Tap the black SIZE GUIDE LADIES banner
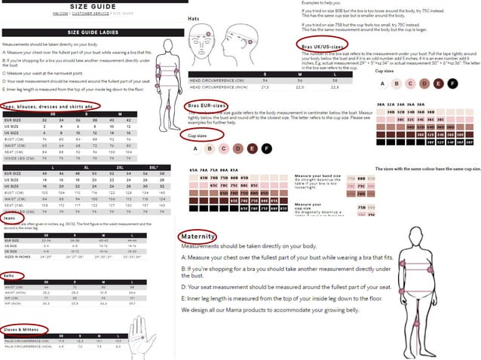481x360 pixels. click(89, 33)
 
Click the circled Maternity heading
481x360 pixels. click(199, 236)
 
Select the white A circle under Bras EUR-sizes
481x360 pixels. click(195, 149)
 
